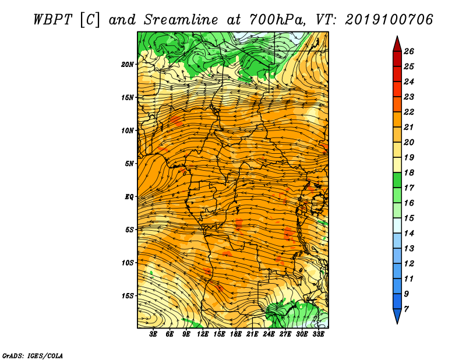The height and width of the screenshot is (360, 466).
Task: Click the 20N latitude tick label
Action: [128, 65]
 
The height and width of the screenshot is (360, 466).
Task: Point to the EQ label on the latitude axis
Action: [129, 197]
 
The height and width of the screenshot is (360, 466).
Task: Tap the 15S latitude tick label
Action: [128, 296]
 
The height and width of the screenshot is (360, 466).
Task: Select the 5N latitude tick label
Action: [129, 164]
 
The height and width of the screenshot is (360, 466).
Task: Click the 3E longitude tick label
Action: [153, 334]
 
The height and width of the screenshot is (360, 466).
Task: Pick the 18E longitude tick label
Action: [236, 334]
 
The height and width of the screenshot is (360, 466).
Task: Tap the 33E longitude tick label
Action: [318, 334]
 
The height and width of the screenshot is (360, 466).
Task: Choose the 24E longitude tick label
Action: [269, 334]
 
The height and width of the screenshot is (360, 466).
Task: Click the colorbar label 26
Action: [409, 51]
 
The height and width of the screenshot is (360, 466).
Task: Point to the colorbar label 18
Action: [409, 172]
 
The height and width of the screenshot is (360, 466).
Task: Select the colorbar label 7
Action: [406, 309]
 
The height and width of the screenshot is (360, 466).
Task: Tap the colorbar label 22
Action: [409, 112]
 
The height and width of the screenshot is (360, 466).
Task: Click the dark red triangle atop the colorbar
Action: [397, 44]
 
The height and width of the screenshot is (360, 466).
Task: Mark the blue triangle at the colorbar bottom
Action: [397, 316]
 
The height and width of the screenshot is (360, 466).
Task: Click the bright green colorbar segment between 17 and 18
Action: [397, 180]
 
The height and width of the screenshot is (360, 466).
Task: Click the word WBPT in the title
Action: [53, 20]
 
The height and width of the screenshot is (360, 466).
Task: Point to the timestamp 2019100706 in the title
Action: [389, 20]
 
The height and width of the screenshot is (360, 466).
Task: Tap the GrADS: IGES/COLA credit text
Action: [33, 356]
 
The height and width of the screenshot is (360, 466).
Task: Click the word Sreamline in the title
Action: [181, 20]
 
